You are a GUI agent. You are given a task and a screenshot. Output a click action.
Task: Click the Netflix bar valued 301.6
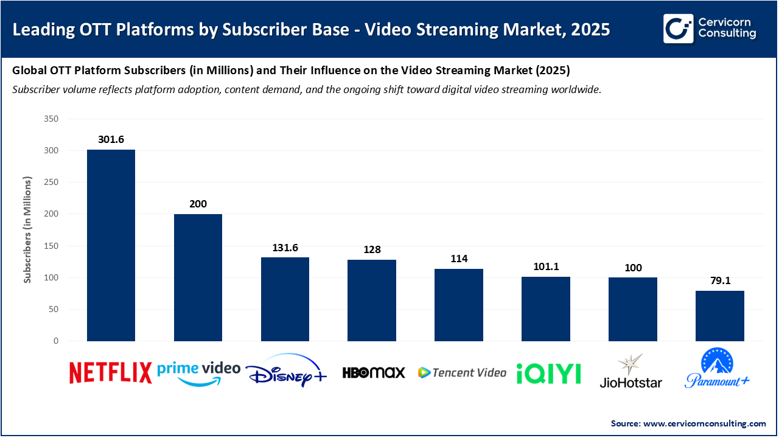coord(111,245)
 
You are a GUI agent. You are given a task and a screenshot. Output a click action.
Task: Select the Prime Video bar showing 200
coord(198,277)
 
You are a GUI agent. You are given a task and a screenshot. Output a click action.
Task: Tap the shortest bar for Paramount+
coord(719,316)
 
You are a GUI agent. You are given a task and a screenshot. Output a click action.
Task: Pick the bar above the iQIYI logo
coord(545,309)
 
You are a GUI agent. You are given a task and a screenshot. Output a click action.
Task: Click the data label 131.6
coord(285,248)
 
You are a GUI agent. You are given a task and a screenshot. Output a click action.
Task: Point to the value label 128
coord(371,250)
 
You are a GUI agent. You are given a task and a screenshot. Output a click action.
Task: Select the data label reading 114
coord(458,259)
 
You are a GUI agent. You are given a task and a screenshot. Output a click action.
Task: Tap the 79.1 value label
coord(719,281)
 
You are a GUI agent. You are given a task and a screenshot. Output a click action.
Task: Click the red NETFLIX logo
coord(110,373)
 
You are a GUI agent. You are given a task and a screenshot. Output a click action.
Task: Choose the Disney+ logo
coord(286,371)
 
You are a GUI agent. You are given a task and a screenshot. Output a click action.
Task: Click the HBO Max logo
coord(373,372)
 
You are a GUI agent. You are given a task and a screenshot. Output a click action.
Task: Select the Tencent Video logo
coord(462,372)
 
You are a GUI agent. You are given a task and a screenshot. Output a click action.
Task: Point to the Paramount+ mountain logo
coord(717,369)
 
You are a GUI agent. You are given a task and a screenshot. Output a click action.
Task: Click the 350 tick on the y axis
coord(51,119)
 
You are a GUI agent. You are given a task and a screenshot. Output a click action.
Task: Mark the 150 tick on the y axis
coord(51,246)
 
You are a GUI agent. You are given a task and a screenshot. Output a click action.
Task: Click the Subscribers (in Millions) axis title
coord(27,230)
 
